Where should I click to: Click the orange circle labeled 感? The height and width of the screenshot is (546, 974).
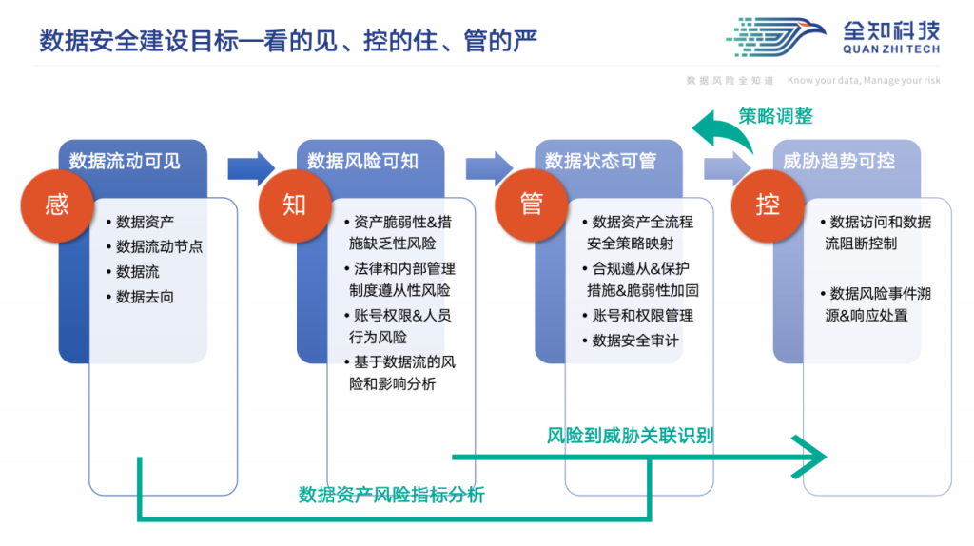(57, 205)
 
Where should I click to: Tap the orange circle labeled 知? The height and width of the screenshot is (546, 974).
(295, 205)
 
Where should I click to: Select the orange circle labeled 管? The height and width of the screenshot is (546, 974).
(532, 205)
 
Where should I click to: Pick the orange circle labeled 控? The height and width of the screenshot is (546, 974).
(768, 205)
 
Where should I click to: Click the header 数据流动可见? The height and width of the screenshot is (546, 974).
(125, 161)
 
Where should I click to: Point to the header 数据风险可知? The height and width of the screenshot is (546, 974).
(362, 161)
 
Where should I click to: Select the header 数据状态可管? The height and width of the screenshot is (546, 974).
(601, 161)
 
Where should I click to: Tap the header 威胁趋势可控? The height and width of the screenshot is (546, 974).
(839, 161)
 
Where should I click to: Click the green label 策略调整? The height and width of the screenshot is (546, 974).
(775, 116)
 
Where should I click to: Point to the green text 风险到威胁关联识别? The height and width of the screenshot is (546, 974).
(630, 436)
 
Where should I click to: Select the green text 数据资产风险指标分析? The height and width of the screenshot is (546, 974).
(391, 495)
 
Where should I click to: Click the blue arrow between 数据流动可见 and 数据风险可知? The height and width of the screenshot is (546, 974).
(251, 168)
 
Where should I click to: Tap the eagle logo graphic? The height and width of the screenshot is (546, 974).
(776, 37)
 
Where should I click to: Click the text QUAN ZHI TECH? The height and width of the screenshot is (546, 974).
(891, 49)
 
